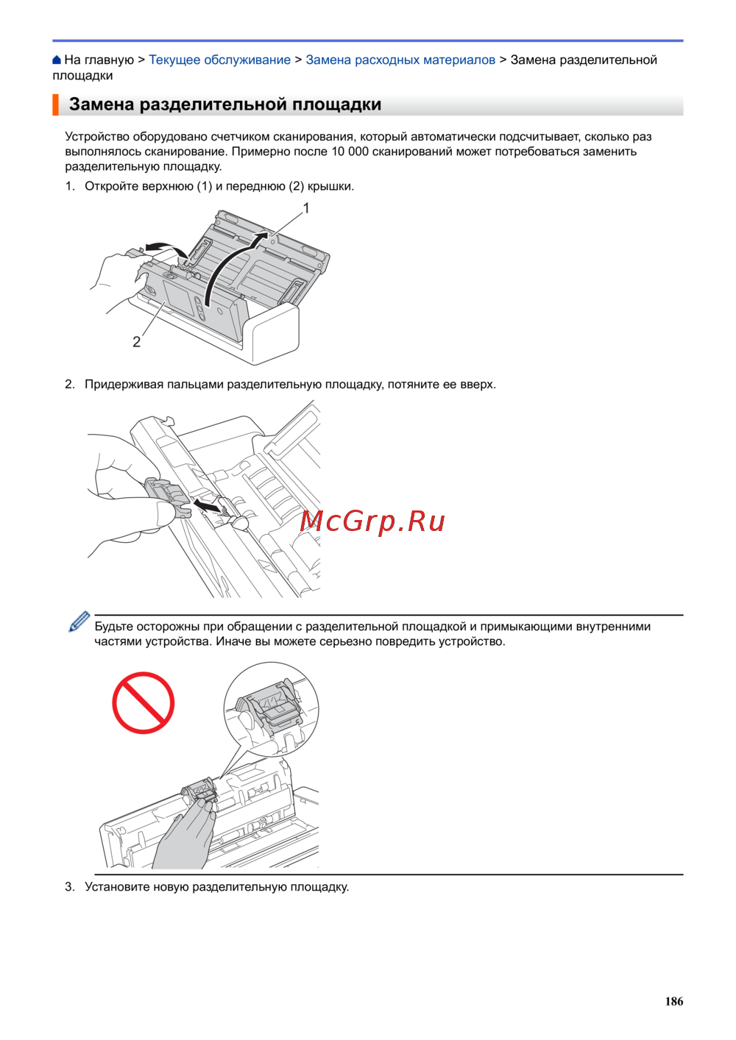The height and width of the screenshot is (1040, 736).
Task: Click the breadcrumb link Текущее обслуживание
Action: [219, 60]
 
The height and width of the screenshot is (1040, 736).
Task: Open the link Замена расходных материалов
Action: [400, 60]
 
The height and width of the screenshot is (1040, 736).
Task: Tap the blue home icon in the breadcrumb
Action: [57, 60]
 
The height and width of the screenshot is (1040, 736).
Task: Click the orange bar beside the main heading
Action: [55, 104]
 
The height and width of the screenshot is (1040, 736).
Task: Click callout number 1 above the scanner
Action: [306, 208]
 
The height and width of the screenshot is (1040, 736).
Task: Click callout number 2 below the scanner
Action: [136, 342]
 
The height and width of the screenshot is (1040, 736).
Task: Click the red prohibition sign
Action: [143, 702]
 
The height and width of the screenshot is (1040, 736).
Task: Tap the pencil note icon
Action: [79, 621]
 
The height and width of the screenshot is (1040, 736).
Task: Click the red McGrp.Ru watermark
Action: [372, 522]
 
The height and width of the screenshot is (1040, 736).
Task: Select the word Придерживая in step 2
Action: [124, 385]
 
